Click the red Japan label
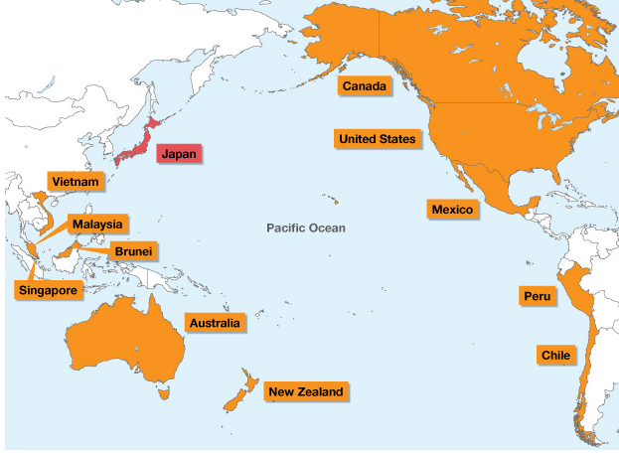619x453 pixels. pyautogui.click(x=179, y=154)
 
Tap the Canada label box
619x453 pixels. pyautogui.click(x=364, y=86)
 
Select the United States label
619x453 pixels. pyautogui.click(x=377, y=139)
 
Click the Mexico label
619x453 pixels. pyautogui.click(x=452, y=210)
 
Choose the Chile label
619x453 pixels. pyautogui.click(x=554, y=355)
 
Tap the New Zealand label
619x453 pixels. pyautogui.click(x=305, y=392)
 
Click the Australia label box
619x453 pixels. pyautogui.click(x=214, y=324)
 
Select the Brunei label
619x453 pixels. pyautogui.click(x=132, y=251)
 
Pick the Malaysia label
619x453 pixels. pyautogui.click(x=96, y=225)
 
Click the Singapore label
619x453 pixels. pyautogui.click(x=46, y=289)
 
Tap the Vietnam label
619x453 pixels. pyautogui.click(x=76, y=183)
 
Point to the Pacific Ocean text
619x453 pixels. pyautogui.click(x=306, y=228)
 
